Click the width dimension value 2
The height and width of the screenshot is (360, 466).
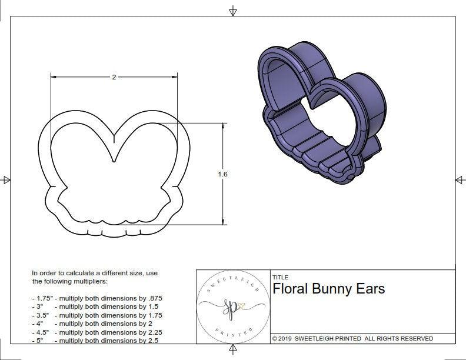(x=114, y=78)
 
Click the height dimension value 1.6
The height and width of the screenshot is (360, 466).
(x=222, y=174)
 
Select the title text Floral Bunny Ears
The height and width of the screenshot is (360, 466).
(x=328, y=289)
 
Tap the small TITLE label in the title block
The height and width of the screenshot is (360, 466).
(x=279, y=277)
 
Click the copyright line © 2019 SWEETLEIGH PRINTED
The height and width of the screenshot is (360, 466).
(x=352, y=338)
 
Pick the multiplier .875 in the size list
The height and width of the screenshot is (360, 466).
(x=154, y=298)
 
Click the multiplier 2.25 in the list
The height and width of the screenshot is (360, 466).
(x=151, y=332)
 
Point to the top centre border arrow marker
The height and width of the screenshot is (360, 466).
(x=234, y=11)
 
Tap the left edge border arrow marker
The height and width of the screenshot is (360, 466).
(x=6, y=179)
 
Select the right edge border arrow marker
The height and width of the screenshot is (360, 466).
(x=460, y=179)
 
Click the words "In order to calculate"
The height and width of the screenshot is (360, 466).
(x=68, y=274)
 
